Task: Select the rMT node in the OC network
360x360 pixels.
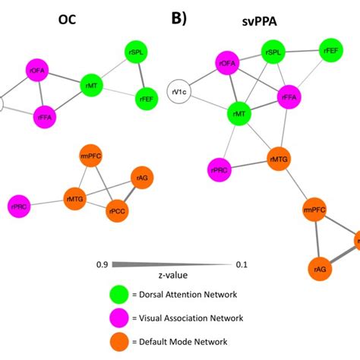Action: (x=92, y=86)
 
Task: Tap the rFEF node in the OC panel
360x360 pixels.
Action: (x=146, y=98)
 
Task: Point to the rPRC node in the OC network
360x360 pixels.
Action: (x=19, y=204)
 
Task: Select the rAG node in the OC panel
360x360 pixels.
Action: (x=142, y=178)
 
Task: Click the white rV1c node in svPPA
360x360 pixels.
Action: (x=182, y=93)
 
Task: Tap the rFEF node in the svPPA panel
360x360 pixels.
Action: (x=330, y=50)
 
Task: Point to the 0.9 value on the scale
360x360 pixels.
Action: (x=100, y=264)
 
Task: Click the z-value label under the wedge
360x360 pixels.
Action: (x=166, y=275)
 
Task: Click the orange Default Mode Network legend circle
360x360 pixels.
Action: (x=119, y=342)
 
